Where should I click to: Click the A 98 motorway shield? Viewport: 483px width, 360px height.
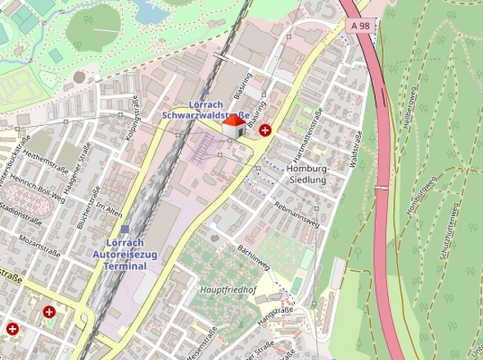click(360, 27)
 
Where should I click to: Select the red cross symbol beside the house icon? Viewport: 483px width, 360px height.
click(265, 130)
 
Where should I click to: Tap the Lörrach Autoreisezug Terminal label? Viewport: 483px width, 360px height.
click(120, 254)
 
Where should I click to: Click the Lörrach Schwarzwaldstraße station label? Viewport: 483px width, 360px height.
click(205, 110)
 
